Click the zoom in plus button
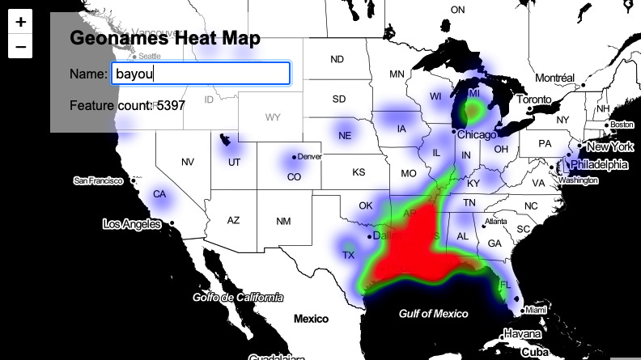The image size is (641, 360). tap(20, 22)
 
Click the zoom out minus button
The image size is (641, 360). tap(20, 47)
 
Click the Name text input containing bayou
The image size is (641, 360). tap(200, 74)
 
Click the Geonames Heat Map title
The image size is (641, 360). tap(165, 38)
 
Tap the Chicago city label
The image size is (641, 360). tap(477, 134)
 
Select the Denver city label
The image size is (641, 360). tap(310, 156)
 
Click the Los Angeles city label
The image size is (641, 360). tap(131, 223)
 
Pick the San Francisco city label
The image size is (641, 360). tap(100, 180)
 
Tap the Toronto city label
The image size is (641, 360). tap(534, 100)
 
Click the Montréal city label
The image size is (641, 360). tap(554, 78)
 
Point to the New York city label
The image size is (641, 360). tap(610, 146)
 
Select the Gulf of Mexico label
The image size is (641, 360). tap(434, 313)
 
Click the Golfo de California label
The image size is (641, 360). tap(238, 297)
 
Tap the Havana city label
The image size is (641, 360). tap(521, 333)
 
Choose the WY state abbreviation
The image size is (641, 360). tap(273, 117)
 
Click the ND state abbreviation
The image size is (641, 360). tap(337, 59)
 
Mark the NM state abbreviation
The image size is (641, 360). tap(283, 221)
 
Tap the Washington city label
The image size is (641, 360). tap(578, 180)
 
